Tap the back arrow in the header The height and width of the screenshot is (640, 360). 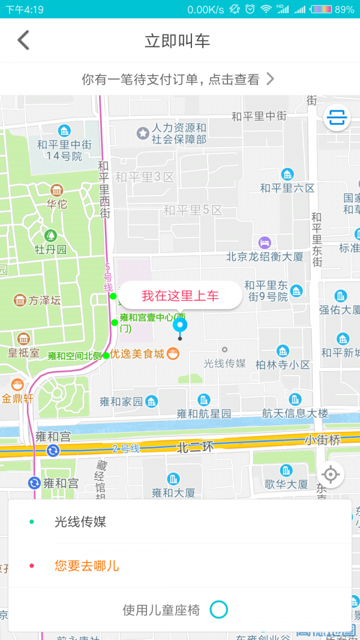23,41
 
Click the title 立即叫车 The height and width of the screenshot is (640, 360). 177,41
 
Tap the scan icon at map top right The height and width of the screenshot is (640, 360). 337,118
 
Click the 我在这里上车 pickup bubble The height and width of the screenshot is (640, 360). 180,295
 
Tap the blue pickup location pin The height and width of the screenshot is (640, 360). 180,326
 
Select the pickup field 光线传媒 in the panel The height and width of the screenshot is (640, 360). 80,522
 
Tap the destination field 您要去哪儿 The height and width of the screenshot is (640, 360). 87,566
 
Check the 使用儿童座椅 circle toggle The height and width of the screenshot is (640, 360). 219,610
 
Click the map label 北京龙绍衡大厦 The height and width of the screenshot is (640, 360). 265,257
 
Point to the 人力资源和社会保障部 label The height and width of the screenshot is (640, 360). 179,133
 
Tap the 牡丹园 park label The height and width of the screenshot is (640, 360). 50,249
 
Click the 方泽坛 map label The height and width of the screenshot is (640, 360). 45,301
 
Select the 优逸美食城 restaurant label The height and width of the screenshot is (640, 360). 137,354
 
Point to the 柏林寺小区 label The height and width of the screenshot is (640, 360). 283,364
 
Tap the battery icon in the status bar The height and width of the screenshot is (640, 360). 321,9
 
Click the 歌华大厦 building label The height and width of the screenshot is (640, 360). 286,484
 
